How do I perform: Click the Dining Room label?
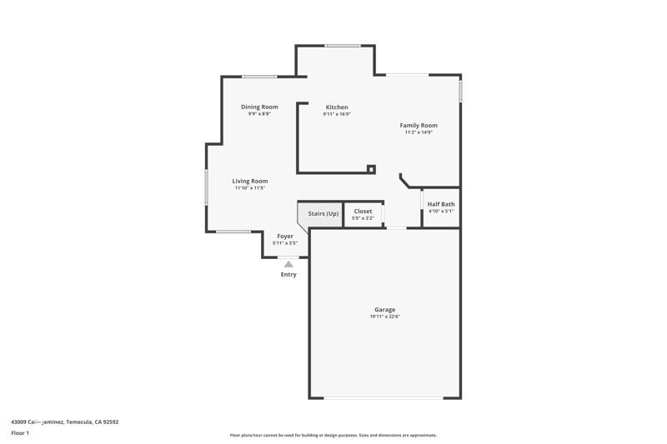coord(259,107)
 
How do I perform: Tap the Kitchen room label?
coord(337,107)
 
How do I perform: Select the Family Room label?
coord(419,125)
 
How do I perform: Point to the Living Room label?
coord(249,181)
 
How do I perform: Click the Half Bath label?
coord(441,204)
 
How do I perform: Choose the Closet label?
coord(364,212)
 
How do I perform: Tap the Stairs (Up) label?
coord(323,214)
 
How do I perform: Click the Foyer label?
coord(285,237)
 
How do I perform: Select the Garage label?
coord(384,310)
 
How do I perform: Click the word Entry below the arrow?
coord(288,274)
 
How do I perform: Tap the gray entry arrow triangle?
coord(288,264)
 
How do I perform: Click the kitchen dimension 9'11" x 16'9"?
coord(337,114)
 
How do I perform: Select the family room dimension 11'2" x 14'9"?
coord(419,132)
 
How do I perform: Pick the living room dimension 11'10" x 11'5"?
coord(249,188)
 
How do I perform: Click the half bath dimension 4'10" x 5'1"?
coord(441,212)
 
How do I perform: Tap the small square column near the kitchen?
coord(371,169)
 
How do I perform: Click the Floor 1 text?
coord(20,433)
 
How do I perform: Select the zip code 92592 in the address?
coord(109,422)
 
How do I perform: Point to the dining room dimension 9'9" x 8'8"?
coord(259,113)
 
